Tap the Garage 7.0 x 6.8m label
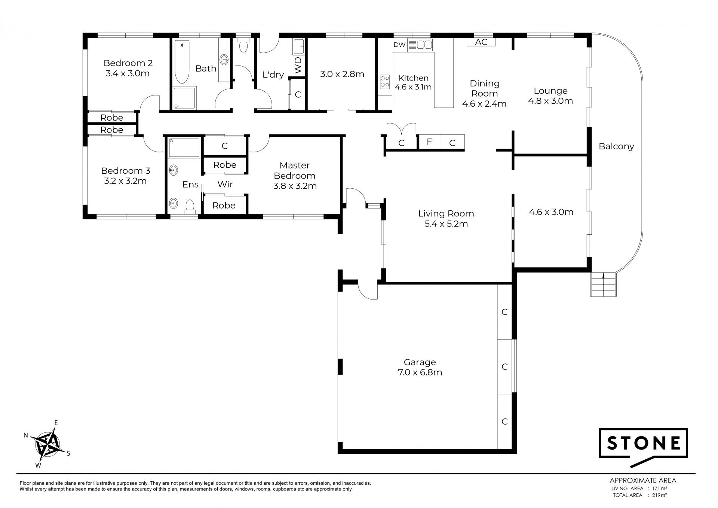click(x=420, y=367)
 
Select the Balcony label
click(x=616, y=146)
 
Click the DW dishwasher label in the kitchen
click(x=399, y=45)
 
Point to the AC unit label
click(x=481, y=42)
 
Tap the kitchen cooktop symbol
click(x=385, y=82)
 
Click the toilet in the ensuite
click(x=190, y=206)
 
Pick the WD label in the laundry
click(x=298, y=65)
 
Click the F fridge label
click(x=429, y=142)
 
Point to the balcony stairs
click(x=603, y=284)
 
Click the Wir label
click(x=225, y=184)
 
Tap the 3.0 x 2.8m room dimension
click(x=342, y=74)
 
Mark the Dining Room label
click(x=484, y=94)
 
